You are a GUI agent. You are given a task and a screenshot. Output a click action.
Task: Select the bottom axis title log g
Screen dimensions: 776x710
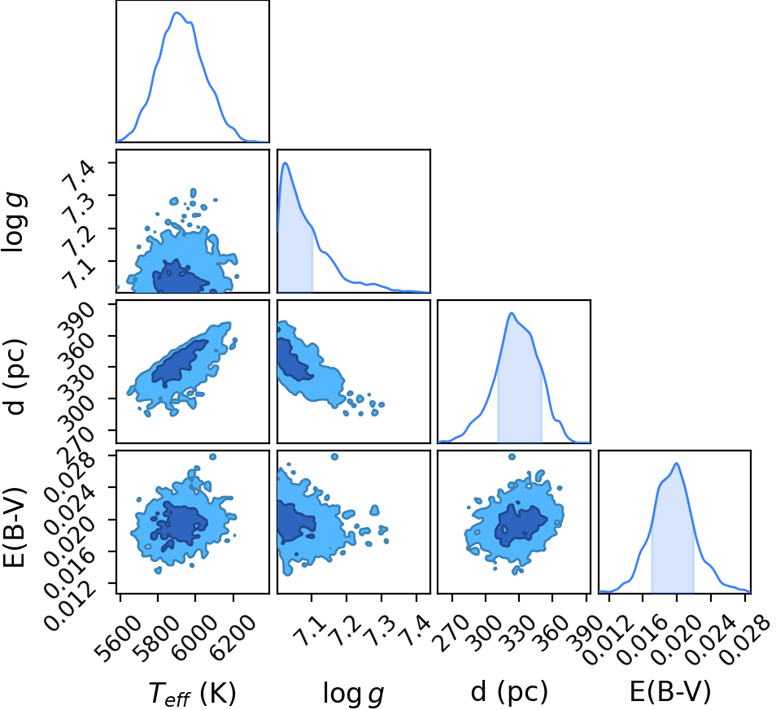pyautogui.click(x=353, y=693)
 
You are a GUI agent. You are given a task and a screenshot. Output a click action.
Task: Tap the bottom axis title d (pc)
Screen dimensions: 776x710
pyautogui.click(x=509, y=691)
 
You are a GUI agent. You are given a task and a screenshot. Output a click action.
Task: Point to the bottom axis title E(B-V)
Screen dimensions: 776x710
pyautogui.click(x=670, y=690)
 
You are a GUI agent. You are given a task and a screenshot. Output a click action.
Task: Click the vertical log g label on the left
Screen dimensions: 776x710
pyautogui.click(x=15, y=222)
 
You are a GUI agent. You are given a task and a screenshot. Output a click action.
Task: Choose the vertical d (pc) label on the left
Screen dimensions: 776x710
pyautogui.click(x=15, y=377)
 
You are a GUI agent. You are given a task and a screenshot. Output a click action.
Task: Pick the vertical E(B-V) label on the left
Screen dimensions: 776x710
pyautogui.click(x=15, y=528)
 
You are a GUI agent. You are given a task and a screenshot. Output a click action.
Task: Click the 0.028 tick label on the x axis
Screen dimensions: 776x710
pyautogui.click(x=744, y=636)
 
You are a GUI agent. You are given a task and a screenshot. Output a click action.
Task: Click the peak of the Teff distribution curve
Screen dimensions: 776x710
pyautogui.click(x=177, y=12)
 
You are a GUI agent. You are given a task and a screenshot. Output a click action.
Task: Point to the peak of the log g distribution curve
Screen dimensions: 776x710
pyautogui.click(x=286, y=163)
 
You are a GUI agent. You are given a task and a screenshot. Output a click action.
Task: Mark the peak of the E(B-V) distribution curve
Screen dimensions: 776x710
pyautogui.click(x=676, y=463)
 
